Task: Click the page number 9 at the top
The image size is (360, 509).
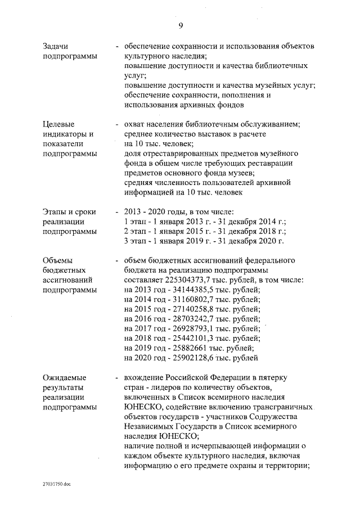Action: coord(181,25)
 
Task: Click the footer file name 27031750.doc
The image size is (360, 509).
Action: coord(57,483)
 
